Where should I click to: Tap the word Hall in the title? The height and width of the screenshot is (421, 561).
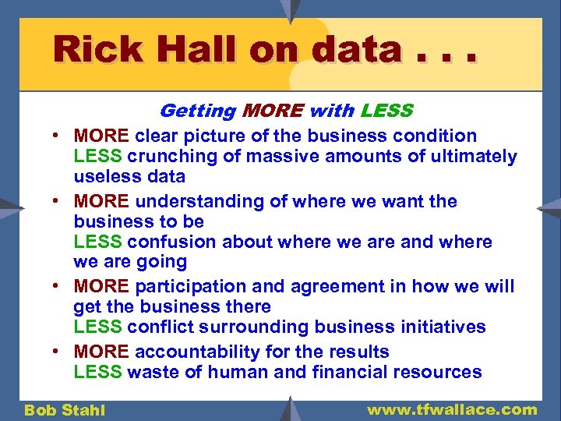tap(196, 51)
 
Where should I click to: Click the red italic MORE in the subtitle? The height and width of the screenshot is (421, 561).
tap(273, 111)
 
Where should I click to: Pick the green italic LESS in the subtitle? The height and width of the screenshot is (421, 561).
tap(386, 111)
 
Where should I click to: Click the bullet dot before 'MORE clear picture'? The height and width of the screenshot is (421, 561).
tap(60, 136)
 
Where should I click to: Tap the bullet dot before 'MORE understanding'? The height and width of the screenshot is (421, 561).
tap(60, 202)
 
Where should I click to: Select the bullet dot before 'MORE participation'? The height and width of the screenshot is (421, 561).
tap(60, 287)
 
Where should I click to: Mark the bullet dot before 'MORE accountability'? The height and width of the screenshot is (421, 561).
tap(60, 352)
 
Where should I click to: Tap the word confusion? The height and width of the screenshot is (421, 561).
tap(172, 242)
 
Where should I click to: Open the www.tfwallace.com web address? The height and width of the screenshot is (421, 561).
tap(452, 409)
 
